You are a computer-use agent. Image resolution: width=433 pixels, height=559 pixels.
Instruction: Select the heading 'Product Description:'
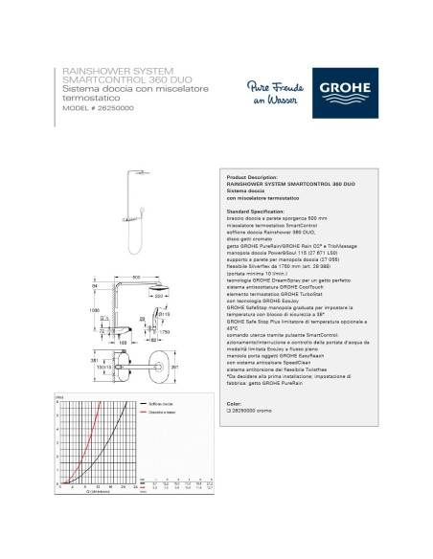[250, 177]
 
